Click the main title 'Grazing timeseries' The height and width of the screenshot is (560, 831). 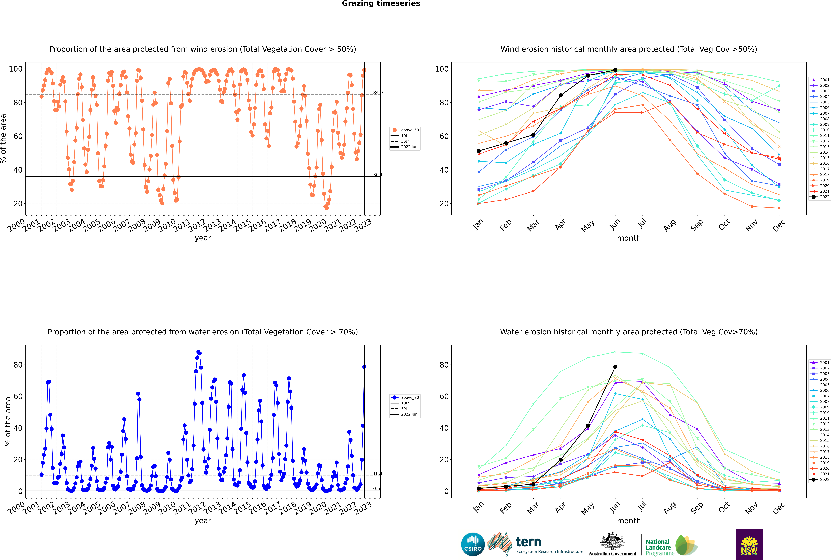[x=381, y=4]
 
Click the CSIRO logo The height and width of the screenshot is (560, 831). [x=473, y=544]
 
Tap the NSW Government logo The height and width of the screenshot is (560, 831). [x=749, y=544]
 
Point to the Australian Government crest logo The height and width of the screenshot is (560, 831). [x=612, y=544]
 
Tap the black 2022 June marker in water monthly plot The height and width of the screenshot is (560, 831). [x=615, y=367]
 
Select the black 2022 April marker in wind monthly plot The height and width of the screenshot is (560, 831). [x=561, y=95]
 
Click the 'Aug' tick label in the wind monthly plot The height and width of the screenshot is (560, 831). [x=670, y=225]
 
